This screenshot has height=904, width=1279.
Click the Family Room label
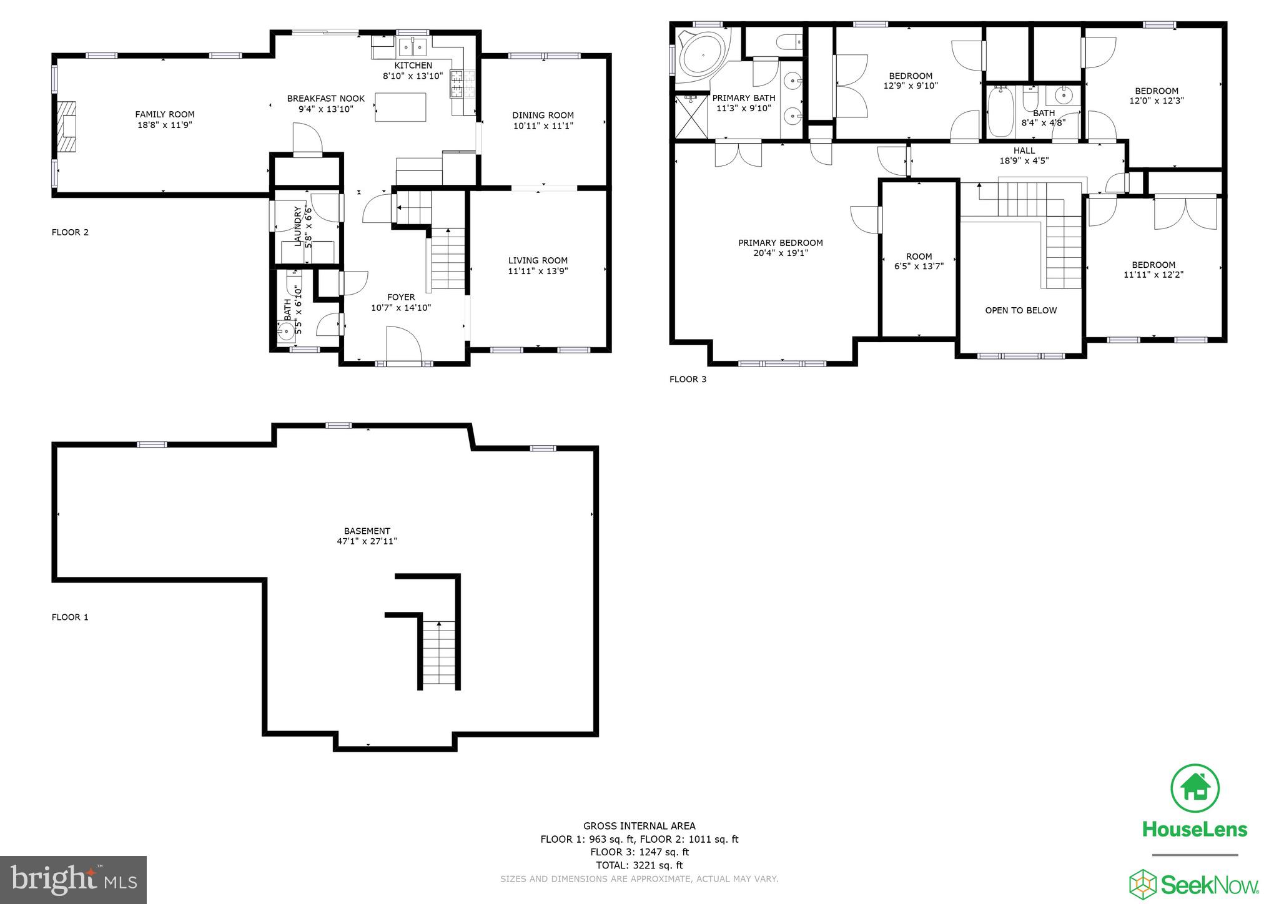165,114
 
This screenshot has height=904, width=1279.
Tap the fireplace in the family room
67,127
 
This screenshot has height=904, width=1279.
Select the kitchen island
400,107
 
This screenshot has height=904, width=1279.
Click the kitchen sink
412,47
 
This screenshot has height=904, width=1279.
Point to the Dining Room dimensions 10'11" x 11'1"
543,125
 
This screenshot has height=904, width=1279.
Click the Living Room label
538,260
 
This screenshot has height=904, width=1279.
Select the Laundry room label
298,226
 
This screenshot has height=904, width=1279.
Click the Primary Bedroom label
780,243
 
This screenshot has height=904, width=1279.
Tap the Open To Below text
1020,310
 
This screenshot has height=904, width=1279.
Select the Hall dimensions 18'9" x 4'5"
1024,160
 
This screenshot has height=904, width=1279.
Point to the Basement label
367,531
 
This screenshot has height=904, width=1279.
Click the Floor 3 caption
688,379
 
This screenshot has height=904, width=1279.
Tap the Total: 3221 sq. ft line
639,865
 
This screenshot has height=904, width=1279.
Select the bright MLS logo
73,880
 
